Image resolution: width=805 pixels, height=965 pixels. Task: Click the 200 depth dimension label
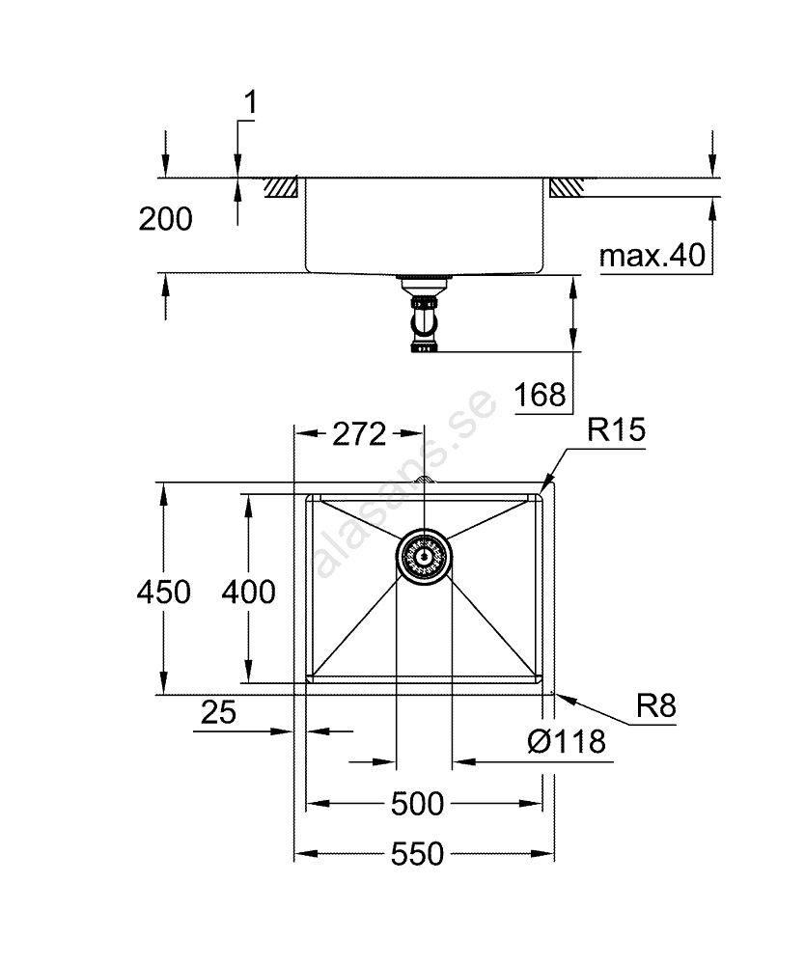(165, 220)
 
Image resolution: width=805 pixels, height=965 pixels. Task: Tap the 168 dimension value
(540, 395)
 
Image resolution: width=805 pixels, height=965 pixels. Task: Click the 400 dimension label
(248, 591)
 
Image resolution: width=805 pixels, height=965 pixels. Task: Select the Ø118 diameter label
(567, 741)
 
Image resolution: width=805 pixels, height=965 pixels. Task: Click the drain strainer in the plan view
(423, 558)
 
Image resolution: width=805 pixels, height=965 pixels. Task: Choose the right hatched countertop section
(566, 187)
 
